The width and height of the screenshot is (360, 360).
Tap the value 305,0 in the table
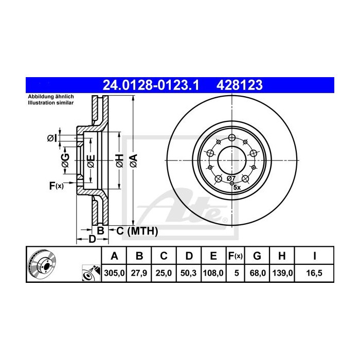tap(115, 274)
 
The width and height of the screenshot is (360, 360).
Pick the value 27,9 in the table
tap(139, 274)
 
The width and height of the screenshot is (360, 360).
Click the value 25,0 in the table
tap(164, 274)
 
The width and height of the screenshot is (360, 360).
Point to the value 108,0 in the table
tap(213, 274)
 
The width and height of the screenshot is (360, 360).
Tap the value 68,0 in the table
tap(259, 274)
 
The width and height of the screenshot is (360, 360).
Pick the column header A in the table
tap(115, 256)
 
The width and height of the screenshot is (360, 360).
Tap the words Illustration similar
tap(50, 103)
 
